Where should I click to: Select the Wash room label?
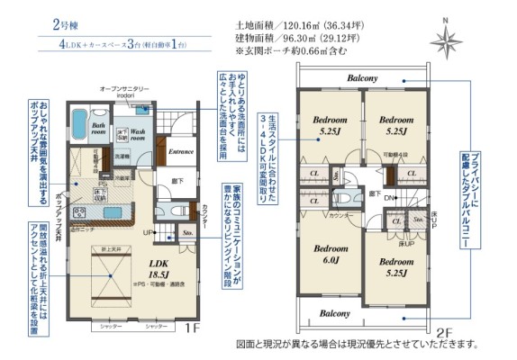click(131, 135)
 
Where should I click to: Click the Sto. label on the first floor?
click(188, 232)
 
